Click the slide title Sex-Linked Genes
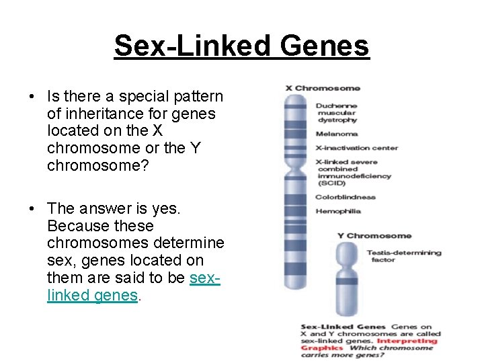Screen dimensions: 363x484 pos(241,46)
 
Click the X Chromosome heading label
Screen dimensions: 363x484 pos(323,88)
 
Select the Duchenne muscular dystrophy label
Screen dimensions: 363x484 pos(337,113)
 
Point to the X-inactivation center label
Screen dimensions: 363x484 pos(357,148)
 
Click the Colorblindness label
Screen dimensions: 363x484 pos(346,197)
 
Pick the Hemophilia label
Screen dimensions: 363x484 pos(338,211)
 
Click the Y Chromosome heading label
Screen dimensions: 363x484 pos(374,236)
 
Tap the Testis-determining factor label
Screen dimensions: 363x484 pos(403,256)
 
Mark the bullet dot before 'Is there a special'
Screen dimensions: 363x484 pos(32,96)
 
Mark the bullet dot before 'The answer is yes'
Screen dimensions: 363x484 pos(32,208)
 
